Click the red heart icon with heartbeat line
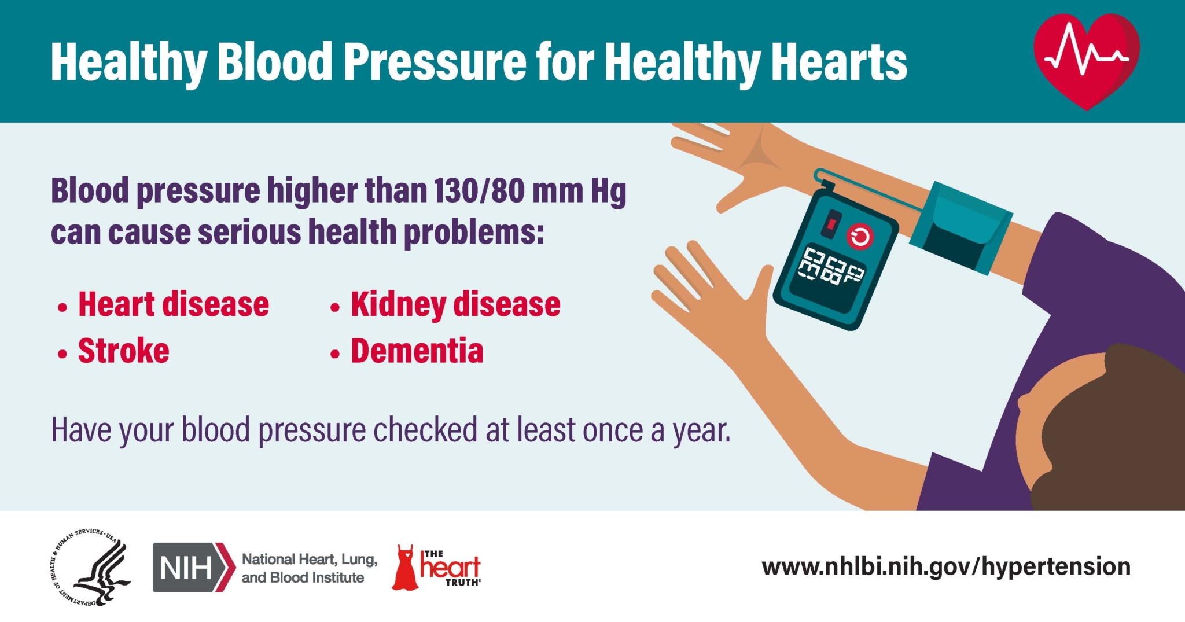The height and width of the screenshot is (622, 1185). (x=1086, y=60)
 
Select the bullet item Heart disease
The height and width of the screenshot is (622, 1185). (x=173, y=304)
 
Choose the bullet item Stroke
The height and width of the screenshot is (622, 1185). (x=123, y=351)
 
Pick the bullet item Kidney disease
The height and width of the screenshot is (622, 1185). (x=455, y=304)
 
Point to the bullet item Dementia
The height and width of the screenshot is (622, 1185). (x=417, y=351)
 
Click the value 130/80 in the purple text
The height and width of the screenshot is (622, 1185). (x=478, y=191)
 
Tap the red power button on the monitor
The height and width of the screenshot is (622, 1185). (x=860, y=237)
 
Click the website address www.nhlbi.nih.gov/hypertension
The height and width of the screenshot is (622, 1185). (x=945, y=566)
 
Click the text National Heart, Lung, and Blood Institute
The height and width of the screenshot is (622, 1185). (x=309, y=568)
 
